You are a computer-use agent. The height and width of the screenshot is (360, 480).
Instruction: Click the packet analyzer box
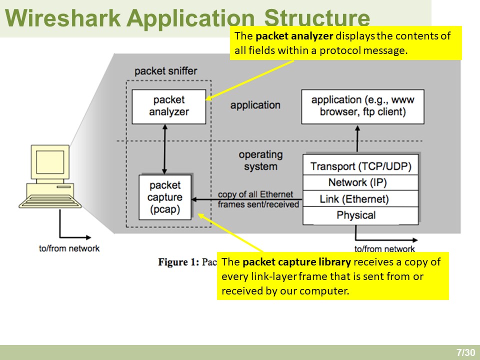click(x=168, y=106)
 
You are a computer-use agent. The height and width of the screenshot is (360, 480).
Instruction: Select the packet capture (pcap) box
click(x=165, y=197)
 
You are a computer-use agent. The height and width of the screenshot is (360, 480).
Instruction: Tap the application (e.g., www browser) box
click(x=362, y=106)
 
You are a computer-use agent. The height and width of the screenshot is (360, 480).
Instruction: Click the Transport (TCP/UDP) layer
click(x=360, y=166)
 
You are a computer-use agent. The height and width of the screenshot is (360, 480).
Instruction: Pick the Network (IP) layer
click(x=360, y=182)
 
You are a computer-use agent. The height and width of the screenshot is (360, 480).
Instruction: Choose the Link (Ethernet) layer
click(x=360, y=199)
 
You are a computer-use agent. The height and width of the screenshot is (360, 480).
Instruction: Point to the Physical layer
click(x=360, y=215)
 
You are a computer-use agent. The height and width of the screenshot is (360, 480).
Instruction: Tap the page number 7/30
click(x=465, y=352)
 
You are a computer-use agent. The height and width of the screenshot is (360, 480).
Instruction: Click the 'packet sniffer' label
click(x=165, y=71)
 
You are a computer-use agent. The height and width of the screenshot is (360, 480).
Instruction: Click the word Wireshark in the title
click(x=63, y=18)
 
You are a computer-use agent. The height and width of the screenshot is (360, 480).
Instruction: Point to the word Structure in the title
click(x=316, y=18)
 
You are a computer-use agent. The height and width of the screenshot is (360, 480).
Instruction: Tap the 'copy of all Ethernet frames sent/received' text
click(x=258, y=199)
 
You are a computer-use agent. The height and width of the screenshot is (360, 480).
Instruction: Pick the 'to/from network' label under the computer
click(x=69, y=248)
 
